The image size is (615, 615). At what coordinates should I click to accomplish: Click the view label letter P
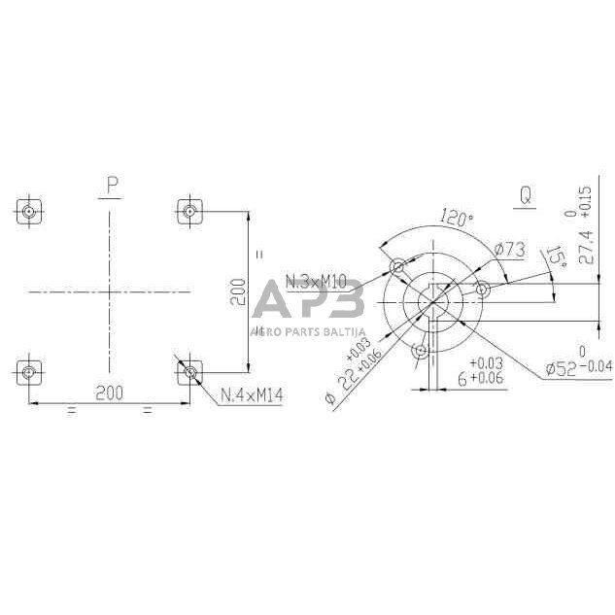(x=113, y=185)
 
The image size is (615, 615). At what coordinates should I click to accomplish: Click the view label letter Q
(x=525, y=195)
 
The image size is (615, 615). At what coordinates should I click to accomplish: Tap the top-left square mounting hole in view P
(x=31, y=211)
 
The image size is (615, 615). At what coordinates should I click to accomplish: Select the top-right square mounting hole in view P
(x=190, y=211)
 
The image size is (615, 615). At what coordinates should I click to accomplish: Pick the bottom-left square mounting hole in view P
(x=31, y=371)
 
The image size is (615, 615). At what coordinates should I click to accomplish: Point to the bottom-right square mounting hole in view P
(x=190, y=371)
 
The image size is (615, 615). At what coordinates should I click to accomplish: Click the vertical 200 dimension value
(x=239, y=290)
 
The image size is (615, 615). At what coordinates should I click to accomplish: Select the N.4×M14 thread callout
(x=251, y=395)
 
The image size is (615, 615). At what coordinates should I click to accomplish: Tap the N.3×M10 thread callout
(x=318, y=282)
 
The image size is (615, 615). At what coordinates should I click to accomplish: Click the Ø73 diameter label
(x=510, y=251)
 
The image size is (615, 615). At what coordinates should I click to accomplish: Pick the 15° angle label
(x=556, y=258)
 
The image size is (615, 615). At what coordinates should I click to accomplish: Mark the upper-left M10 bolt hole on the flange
(x=396, y=266)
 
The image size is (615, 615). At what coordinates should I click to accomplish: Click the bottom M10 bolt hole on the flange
(x=420, y=352)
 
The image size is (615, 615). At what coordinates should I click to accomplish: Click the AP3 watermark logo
(x=308, y=302)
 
